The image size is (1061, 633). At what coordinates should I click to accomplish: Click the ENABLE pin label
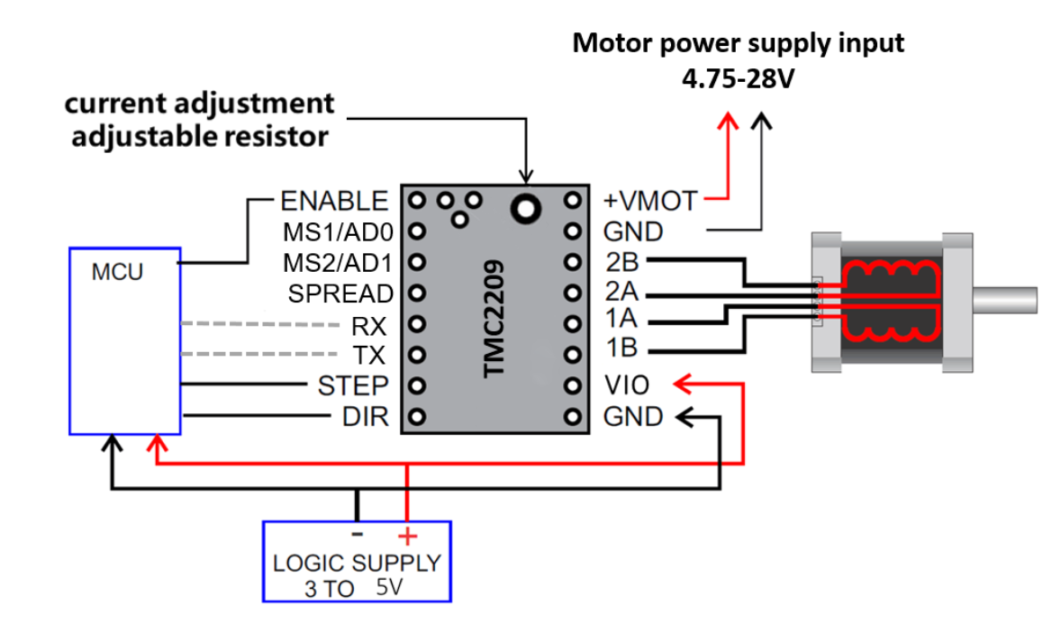334,200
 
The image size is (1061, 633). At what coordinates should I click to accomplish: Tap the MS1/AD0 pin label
337,232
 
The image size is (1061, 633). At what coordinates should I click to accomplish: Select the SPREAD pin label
340,294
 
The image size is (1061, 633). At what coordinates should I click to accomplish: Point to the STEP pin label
352,386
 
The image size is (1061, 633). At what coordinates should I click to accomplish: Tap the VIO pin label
626,386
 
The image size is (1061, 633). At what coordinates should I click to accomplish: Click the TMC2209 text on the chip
494,320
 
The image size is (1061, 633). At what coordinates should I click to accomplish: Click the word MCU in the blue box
117,272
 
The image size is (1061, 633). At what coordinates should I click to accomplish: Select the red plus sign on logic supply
408,537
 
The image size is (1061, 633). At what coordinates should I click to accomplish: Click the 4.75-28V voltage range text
738,78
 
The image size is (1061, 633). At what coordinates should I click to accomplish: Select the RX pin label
369,324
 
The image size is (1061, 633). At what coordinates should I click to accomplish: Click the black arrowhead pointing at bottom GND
685,416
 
